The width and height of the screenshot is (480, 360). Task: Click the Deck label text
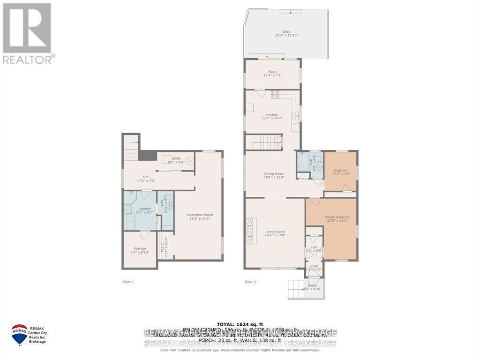click(x=286, y=32)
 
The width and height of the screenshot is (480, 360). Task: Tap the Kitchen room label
click(x=272, y=115)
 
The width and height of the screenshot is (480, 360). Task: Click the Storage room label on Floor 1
click(x=140, y=248)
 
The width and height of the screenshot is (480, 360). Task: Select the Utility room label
click(x=176, y=158)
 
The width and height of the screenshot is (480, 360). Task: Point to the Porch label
click(x=312, y=285)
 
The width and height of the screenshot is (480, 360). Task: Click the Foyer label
click(x=314, y=266)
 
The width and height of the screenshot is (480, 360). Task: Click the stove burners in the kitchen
click(x=275, y=94)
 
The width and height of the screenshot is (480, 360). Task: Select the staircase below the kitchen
click(x=264, y=142)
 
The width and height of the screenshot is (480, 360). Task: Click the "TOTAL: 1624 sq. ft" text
click(x=240, y=324)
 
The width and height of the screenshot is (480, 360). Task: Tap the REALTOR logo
click(x=27, y=33)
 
